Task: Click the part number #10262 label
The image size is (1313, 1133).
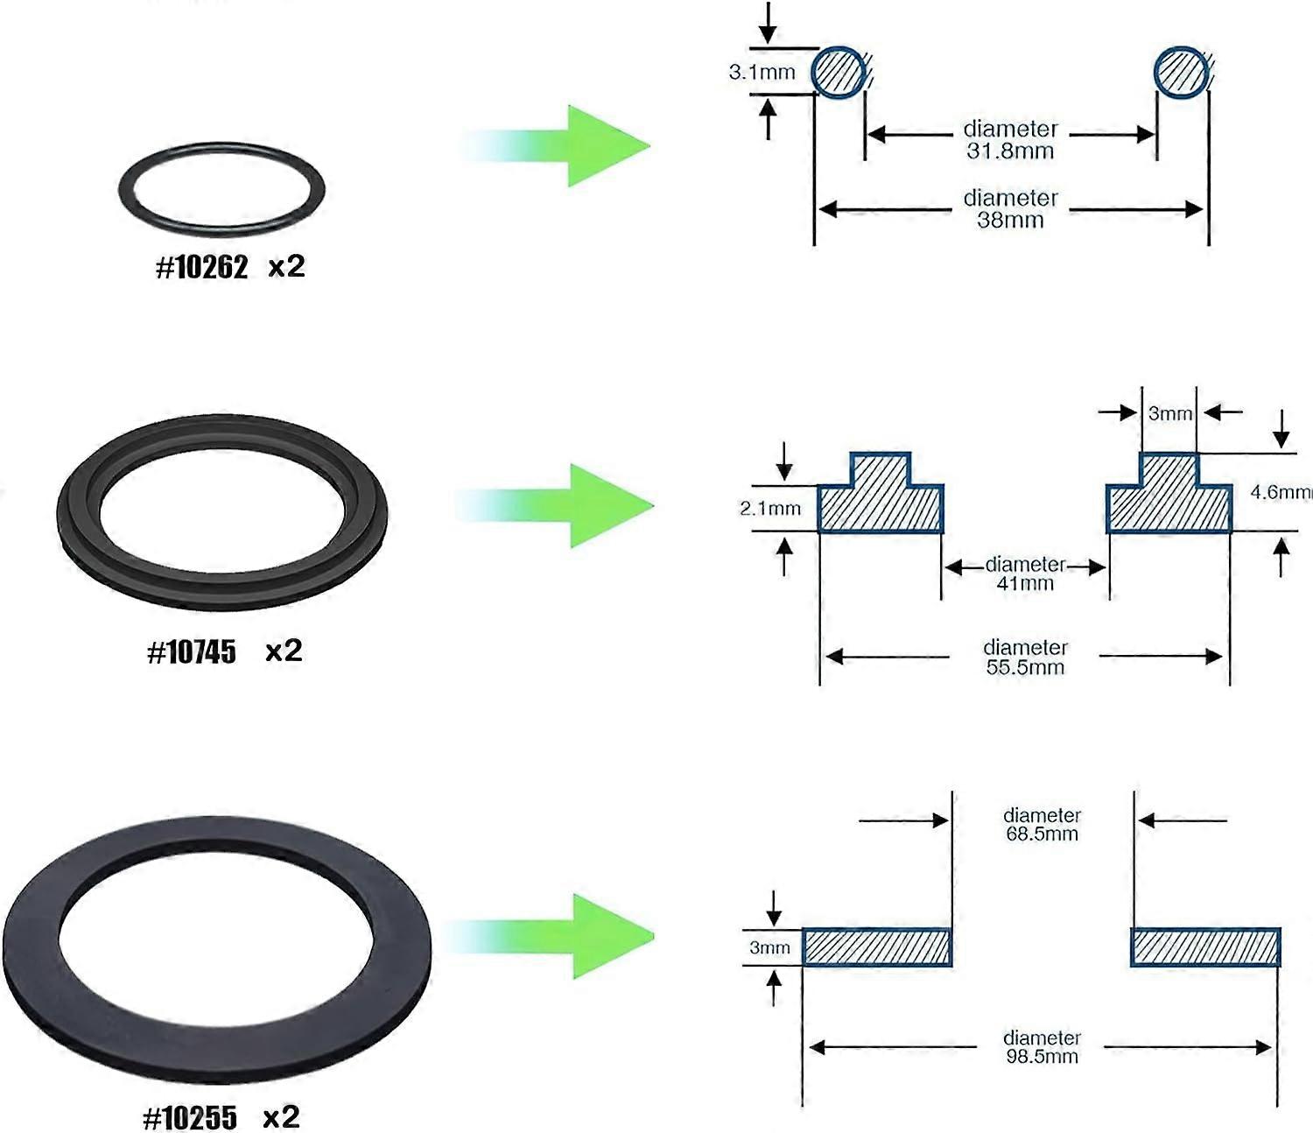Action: pos(201,267)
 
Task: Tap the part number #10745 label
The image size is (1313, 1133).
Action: pos(192,652)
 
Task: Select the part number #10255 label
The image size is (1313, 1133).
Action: pos(190,1118)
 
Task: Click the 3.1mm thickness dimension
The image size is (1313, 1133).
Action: pos(762,73)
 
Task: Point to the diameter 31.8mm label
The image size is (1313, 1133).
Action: pos(1010,140)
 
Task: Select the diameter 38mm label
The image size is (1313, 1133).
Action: pos(1010,209)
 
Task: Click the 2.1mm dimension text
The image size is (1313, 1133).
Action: pos(770,509)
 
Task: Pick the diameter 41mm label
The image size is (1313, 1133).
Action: pos(1025,574)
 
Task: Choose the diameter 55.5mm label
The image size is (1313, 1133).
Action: pos(1025,658)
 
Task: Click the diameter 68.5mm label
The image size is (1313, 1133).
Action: pos(1042,825)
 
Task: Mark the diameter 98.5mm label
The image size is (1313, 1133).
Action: pos(1042,1047)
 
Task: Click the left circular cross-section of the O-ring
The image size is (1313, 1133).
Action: pos(839,72)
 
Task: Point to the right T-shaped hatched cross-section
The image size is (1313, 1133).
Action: pos(1169,499)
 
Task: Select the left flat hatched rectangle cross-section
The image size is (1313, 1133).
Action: pos(876,947)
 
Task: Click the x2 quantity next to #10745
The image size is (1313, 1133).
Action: pos(284,651)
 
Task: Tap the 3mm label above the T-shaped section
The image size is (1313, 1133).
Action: pos(1169,413)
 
